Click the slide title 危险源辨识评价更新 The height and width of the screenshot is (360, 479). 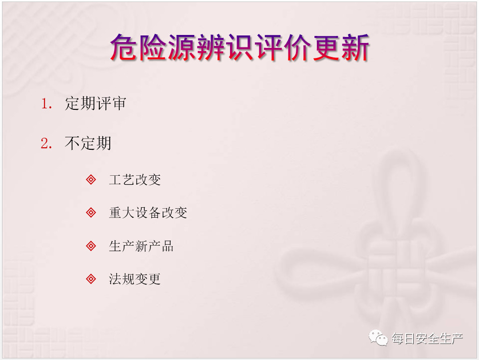pyautogui.click(x=240, y=47)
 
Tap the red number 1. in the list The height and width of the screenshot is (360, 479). pyautogui.click(x=46, y=103)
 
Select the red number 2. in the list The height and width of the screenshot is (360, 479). pyautogui.click(x=46, y=143)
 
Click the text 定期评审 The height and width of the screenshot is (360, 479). pyautogui.click(x=95, y=103)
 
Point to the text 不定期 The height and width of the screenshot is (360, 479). pyautogui.click(x=88, y=143)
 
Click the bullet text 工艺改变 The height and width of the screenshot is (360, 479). pyautogui.click(x=135, y=179)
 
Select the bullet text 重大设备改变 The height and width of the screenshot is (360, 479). pyautogui.click(x=148, y=212)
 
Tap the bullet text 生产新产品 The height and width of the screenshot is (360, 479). pyautogui.click(x=141, y=246)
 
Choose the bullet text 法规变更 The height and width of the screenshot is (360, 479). pyautogui.click(x=135, y=279)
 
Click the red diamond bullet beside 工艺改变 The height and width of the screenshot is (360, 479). pyautogui.click(x=91, y=179)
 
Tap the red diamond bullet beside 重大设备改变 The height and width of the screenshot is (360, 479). pyautogui.click(x=91, y=212)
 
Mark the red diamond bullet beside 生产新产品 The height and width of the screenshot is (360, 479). pyautogui.click(x=91, y=246)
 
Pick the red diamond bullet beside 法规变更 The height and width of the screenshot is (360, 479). pyautogui.click(x=91, y=279)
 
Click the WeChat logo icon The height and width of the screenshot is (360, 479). pyautogui.click(x=378, y=338)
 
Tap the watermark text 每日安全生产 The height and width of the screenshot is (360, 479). pyautogui.click(x=428, y=339)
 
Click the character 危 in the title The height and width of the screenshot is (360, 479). pyautogui.click(x=124, y=47)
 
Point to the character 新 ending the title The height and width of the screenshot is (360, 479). pyautogui.click(x=355, y=47)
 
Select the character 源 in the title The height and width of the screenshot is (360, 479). pyautogui.click(x=182, y=47)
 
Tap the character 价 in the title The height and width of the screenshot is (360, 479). pyautogui.click(x=297, y=47)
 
